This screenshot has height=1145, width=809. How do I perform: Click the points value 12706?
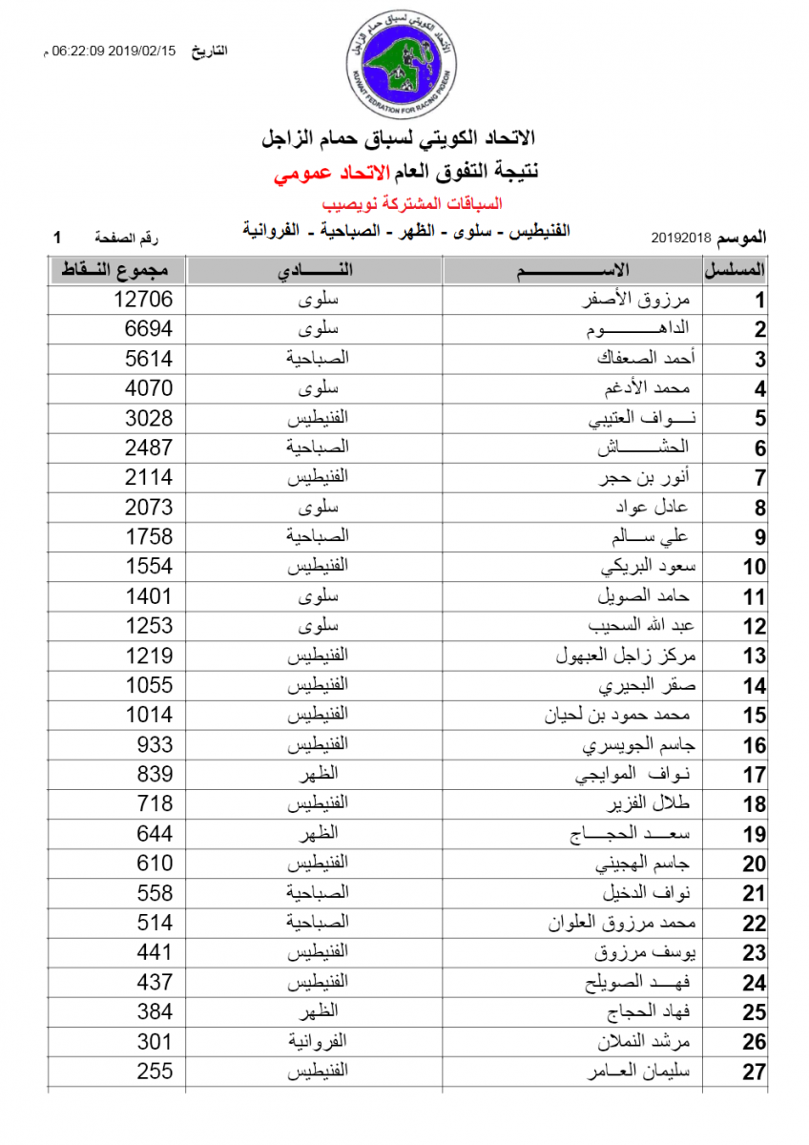pyautogui.click(x=143, y=300)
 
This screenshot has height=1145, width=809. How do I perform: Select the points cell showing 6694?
pyautogui.click(x=150, y=329)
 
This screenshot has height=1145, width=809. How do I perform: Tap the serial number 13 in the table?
pyautogui.click(x=755, y=656)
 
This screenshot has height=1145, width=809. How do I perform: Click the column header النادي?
pyautogui.click(x=315, y=270)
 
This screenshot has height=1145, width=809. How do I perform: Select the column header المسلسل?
pyautogui.click(x=736, y=270)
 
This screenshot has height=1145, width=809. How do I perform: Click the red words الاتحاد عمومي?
pyautogui.click(x=322, y=174)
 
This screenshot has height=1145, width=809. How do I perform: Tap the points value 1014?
pyautogui.click(x=150, y=715)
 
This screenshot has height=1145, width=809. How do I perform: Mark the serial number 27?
pyautogui.click(x=755, y=1072)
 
